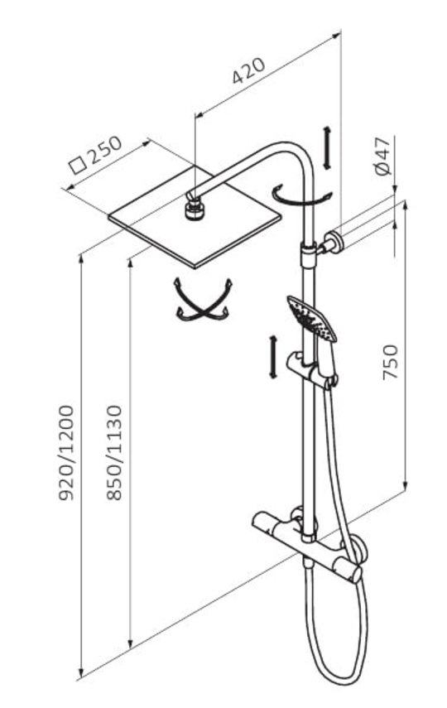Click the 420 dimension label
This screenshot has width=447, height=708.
click(248, 70)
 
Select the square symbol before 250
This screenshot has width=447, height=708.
click(78, 165)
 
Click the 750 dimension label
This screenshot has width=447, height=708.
click(391, 362)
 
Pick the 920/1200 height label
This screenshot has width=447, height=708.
click(66, 453)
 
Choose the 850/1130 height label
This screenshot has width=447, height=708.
click(114, 453)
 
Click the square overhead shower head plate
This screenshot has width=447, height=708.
click(195, 217)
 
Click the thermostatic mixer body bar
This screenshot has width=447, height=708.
click(307, 547)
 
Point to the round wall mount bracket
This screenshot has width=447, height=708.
click(334, 241)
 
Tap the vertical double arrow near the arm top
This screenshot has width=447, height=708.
click(327, 148)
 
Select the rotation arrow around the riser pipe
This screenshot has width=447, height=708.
click(301, 198)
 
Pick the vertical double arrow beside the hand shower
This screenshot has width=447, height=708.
click(272, 357)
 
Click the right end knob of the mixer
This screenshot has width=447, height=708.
click(354, 573)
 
